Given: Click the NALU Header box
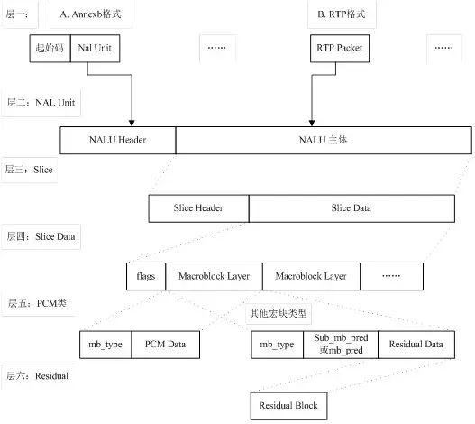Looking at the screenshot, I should [x=118, y=140].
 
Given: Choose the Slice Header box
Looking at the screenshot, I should [x=198, y=207].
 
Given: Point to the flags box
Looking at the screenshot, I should [x=146, y=275].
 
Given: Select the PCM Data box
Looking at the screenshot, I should [x=165, y=344].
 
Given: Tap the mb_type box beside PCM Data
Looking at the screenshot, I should [x=105, y=344].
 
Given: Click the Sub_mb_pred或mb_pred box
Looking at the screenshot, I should [x=336, y=344].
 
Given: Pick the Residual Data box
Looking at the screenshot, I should [x=416, y=344].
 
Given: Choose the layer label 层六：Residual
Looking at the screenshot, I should [x=37, y=373].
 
